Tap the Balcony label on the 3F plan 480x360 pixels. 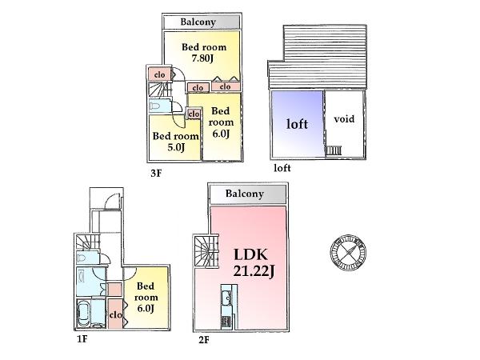(201, 22)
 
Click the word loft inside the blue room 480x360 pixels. (297, 125)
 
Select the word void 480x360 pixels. (343, 119)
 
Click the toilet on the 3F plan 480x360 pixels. (155, 105)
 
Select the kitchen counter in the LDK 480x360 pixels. (225, 309)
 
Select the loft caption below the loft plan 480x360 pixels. (282, 169)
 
